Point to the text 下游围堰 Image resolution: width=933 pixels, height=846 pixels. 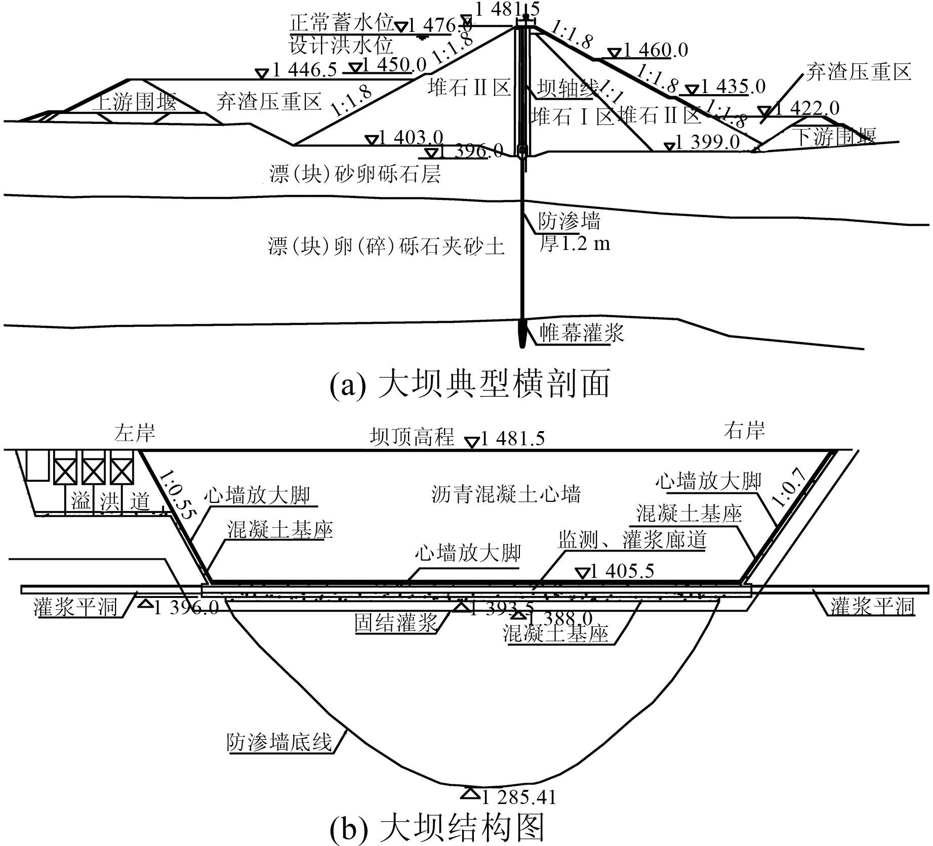click(835, 137)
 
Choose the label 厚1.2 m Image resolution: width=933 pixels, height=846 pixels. click(574, 244)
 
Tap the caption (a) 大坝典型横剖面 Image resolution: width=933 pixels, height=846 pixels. click(470, 385)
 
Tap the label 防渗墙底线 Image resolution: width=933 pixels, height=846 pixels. click(279, 743)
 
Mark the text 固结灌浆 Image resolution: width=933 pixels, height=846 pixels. click(396, 623)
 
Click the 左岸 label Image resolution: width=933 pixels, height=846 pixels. click(134, 433)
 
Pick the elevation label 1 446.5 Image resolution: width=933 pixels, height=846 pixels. click(304, 70)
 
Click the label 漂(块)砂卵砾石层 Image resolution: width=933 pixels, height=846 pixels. click(355, 175)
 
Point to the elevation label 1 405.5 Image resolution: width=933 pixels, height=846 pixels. click(622, 571)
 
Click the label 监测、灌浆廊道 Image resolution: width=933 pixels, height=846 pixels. click(632, 540)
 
